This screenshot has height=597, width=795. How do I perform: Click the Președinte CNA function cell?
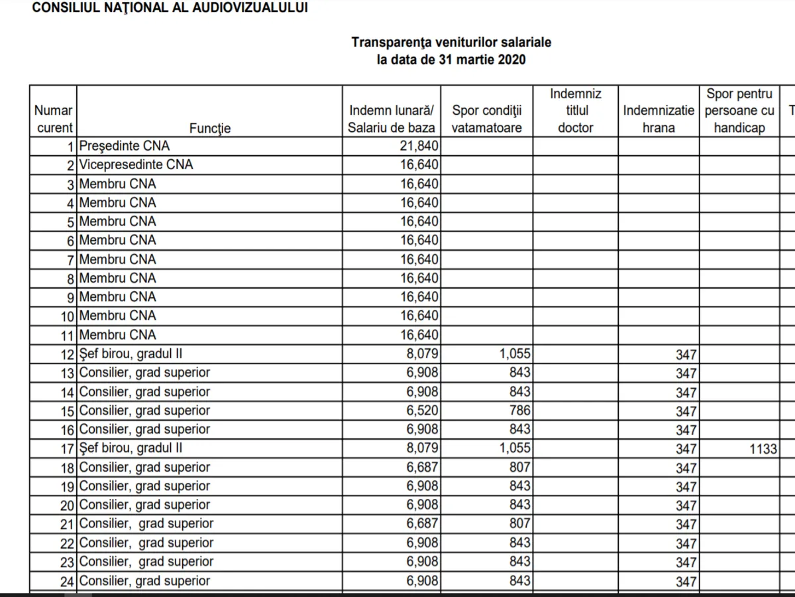[125, 146]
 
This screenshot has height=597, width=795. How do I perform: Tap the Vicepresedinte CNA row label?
[136, 165]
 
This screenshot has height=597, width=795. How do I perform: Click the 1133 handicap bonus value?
[763, 449]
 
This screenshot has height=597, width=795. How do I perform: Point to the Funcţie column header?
[210, 128]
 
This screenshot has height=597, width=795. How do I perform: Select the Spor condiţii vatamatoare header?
[487, 119]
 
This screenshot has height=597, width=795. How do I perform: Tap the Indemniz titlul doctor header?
[576, 111]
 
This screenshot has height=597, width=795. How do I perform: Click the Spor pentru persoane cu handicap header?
[739, 111]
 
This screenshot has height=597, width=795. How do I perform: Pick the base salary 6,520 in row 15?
[422, 411]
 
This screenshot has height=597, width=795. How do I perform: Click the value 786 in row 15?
[519, 411]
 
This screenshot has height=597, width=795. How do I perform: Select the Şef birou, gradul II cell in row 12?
[131, 354]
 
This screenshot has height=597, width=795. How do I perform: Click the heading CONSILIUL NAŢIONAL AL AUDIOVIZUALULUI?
[170, 8]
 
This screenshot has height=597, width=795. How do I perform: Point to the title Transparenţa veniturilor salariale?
[451, 42]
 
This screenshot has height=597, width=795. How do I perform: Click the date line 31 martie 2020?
[451, 60]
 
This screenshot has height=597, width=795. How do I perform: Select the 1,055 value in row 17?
[515, 448]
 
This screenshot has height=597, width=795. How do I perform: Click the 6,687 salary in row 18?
[422, 468]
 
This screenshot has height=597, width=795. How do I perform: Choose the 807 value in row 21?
[519, 524]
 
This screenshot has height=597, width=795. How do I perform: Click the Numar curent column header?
[53, 119]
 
